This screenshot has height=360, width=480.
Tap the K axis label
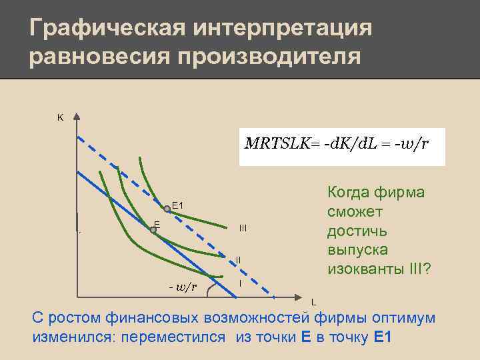click(x=60, y=117)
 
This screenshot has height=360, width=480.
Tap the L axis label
click(x=314, y=301)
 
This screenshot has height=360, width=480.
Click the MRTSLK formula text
click(x=337, y=143)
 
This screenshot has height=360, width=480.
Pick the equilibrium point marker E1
click(x=167, y=209)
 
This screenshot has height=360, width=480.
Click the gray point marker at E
click(x=153, y=230)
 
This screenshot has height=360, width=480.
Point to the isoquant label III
click(x=243, y=229)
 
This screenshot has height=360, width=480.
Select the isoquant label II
click(x=238, y=259)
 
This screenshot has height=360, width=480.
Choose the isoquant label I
click(x=239, y=284)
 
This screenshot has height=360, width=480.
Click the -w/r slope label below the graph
click(x=183, y=287)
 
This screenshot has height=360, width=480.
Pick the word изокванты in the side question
click(x=358, y=270)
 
